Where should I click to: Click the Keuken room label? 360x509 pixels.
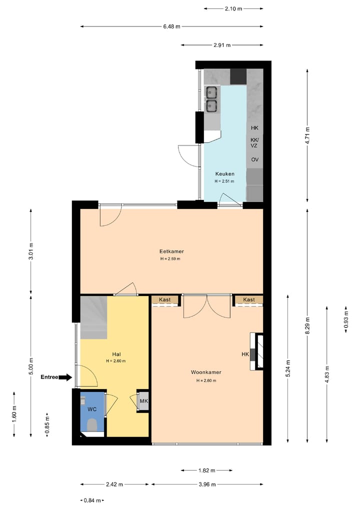point(224,174)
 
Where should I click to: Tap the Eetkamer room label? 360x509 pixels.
point(171,251)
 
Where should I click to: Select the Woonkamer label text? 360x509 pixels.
point(206,372)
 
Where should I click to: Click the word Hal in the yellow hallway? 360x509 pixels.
point(116,354)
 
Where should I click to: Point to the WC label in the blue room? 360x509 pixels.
point(92,409)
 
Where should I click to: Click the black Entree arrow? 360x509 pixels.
point(66,377)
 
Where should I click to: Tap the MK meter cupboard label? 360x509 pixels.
point(144,401)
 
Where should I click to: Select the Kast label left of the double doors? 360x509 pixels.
point(164,299)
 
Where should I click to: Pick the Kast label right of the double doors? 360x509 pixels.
point(249,299)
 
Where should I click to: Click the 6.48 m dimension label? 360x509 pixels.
point(171,26)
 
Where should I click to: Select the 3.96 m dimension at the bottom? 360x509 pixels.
point(207,484)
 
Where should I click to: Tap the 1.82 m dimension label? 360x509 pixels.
point(207,470)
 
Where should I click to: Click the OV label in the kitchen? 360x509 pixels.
point(255,159)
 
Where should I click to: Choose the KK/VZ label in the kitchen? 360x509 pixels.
point(254,142)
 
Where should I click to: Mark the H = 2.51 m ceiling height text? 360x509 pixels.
point(224,181)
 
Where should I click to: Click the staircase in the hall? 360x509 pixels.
point(94,317)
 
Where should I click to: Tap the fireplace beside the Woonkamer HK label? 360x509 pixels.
point(256,351)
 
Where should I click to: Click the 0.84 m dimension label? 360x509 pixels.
point(92,500)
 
